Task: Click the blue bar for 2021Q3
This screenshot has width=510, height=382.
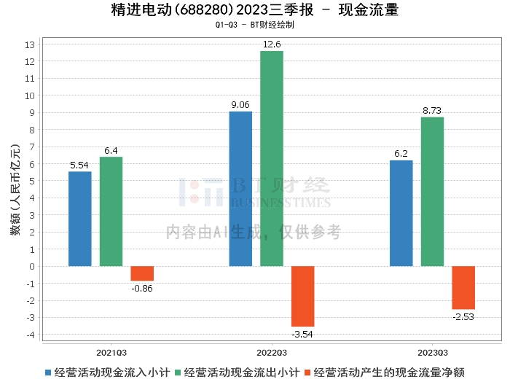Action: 80,219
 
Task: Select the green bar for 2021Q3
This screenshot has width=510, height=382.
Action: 111,211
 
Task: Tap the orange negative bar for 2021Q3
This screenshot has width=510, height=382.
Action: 142,273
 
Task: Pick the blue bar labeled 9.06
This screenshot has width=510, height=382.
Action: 240,189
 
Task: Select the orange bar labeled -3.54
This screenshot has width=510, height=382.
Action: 303,296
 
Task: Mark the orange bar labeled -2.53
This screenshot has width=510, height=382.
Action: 463,287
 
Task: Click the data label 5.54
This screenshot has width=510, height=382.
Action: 79,165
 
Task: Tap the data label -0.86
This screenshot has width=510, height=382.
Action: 141,289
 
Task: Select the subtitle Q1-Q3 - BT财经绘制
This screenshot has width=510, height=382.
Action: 255,25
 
